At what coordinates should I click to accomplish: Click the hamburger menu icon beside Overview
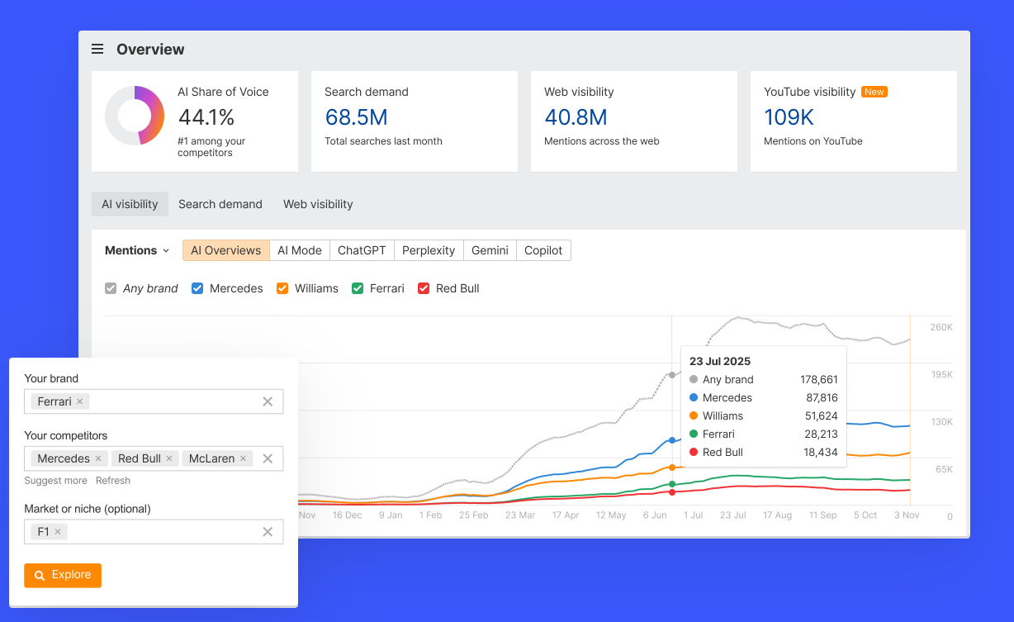[97, 50]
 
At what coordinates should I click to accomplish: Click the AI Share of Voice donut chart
[135, 116]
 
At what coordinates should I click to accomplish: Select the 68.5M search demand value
[356, 117]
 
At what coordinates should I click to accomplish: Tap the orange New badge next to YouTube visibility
[874, 92]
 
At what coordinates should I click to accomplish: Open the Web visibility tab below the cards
[318, 204]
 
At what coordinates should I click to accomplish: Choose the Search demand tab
[220, 204]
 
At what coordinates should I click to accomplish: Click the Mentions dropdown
[137, 250]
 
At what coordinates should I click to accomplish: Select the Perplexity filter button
[429, 250]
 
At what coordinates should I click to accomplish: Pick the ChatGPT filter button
[362, 250]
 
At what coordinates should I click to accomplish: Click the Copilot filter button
[543, 250]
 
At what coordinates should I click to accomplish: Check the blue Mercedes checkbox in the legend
[197, 288]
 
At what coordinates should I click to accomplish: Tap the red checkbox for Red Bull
[424, 288]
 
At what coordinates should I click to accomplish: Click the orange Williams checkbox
[282, 288]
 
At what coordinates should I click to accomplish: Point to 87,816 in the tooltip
[822, 397]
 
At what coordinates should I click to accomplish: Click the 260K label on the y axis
[941, 327]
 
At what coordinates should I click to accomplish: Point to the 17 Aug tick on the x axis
[777, 515]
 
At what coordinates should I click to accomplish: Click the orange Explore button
[63, 575]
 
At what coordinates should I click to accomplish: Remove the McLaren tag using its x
[244, 458]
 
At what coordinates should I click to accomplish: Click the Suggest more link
[55, 481]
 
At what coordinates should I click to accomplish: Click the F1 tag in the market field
[44, 532]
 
